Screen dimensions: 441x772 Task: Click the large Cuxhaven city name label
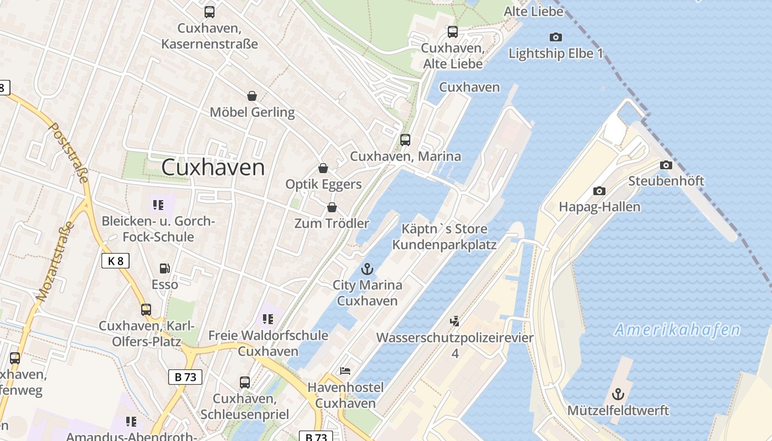tap(213, 168)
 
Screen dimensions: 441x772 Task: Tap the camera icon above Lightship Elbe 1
tap(556, 37)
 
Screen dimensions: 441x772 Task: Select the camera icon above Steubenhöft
tap(666, 165)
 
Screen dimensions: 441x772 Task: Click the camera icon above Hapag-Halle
tap(599, 191)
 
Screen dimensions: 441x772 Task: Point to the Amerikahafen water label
tap(677, 330)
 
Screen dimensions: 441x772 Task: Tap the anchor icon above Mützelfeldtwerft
tap(618, 394)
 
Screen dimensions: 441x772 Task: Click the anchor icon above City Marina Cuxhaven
tap(367, 269)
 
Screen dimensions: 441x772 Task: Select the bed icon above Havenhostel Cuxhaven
tap(345, 371)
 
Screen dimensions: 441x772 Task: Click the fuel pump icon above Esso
tap(164, 268)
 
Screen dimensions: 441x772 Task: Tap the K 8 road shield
tap(115, 261)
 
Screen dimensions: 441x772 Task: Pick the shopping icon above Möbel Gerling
tap(252, 96)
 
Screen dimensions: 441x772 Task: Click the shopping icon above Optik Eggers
tap(323, 168)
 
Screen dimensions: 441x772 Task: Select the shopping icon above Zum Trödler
tap(332, 207)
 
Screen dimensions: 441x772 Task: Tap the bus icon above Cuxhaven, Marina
tap(405, 140)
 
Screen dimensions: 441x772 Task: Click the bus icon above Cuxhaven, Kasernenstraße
tap(210, 12)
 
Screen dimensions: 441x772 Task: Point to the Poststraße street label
tap(69, 152)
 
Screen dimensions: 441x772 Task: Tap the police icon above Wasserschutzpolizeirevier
tap(455, 321)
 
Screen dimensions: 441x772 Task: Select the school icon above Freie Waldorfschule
tap(268, 319)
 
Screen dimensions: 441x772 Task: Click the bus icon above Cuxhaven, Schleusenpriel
tap(244, 382)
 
